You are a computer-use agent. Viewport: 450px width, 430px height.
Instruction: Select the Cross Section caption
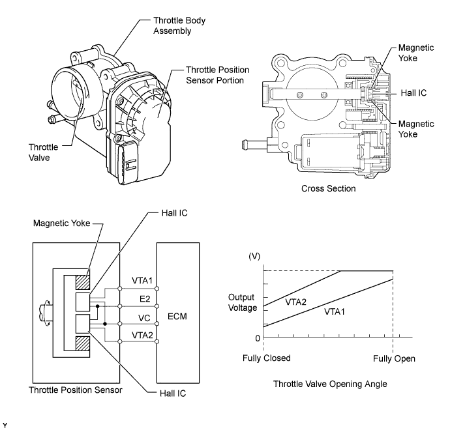coord(328,188)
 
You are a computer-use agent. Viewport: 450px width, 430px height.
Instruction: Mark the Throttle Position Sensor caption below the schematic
coord(74,390)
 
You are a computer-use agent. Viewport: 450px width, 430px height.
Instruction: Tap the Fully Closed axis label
coord(266,358)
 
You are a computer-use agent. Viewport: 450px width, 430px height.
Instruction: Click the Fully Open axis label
coord(394,358)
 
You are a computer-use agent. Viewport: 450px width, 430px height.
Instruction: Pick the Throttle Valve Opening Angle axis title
coord(331,384)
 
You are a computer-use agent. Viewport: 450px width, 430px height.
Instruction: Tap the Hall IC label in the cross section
coord(413,93)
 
